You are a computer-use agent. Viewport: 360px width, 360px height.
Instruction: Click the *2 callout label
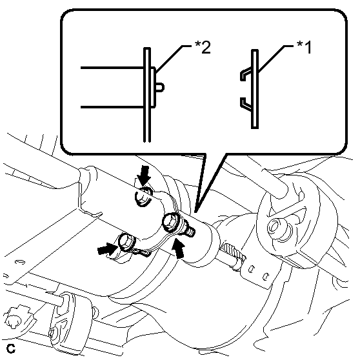(203, 47)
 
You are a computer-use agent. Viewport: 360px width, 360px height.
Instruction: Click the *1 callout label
(305, 47)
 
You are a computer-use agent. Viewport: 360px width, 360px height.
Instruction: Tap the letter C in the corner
(11, 348)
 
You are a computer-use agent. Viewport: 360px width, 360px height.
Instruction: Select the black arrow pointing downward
(144, 175)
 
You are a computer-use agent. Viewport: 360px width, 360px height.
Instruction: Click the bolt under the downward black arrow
(143, 196)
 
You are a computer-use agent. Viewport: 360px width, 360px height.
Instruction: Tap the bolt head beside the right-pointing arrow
(126, 242)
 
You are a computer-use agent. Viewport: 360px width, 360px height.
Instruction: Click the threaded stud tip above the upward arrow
(190, 230)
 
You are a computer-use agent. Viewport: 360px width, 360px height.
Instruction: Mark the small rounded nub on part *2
(160, 88)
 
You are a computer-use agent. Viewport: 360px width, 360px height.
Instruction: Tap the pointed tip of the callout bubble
(195, 212)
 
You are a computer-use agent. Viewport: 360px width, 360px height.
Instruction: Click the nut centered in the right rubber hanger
(276, 227)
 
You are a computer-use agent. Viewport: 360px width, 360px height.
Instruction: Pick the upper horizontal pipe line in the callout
(112, 68)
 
